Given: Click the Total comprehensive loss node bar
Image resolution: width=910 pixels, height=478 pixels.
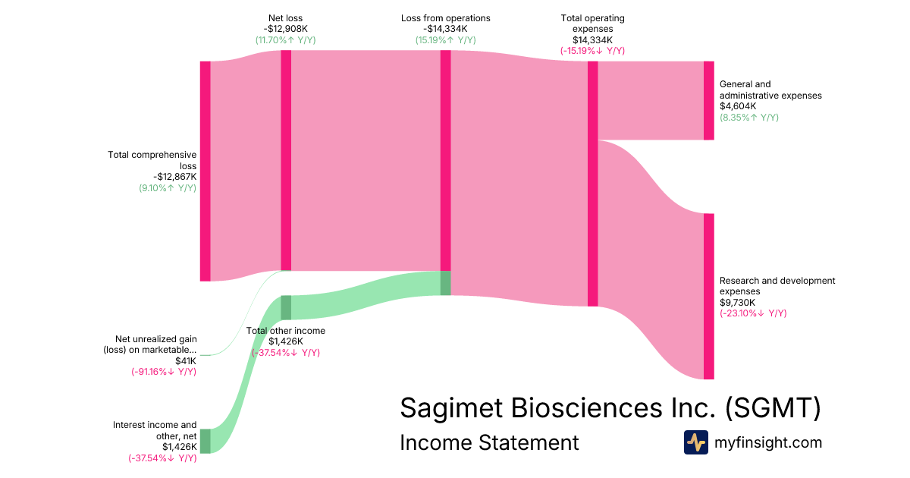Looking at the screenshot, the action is tap(205, 171).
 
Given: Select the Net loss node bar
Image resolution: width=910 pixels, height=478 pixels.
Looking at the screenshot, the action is tap(286, 160).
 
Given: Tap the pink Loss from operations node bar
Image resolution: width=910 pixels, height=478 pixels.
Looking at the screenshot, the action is tap(446, 160).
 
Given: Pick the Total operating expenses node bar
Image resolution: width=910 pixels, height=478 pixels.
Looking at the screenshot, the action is tap(593, 184).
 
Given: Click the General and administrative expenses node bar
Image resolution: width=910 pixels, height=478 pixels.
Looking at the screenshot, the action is tap(708, 101).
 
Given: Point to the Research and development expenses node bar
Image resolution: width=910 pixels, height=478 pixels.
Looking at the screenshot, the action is tap(708, 296).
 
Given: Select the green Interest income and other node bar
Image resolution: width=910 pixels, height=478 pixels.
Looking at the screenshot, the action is tap(205, 441).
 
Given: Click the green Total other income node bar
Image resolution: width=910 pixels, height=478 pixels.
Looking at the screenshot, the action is tap(286, 307).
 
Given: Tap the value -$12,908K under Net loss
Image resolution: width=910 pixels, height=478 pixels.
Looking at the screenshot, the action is tap(286, 29).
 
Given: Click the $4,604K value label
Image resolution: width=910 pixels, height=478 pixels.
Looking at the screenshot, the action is tap(737, 107).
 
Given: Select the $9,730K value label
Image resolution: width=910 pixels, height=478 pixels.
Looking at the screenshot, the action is tap(737, 303).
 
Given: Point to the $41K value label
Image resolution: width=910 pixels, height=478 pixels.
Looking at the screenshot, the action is tap(186, 361).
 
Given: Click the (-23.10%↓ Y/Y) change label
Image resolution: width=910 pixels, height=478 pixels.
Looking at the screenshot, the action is tap(753, 313).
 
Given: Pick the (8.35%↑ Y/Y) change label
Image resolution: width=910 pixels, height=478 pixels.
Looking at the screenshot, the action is tap(749, 118).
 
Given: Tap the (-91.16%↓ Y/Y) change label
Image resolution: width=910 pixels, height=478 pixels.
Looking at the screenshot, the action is tap(164, 372).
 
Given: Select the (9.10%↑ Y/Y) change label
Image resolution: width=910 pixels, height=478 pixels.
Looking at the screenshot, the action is tap(168, 188).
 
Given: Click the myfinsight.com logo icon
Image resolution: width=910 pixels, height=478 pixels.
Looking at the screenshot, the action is tap(695, 442).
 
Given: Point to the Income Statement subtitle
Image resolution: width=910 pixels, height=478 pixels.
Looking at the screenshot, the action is tap(489, 442).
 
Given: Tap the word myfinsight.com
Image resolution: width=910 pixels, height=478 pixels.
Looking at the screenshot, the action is tap(768, 442).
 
